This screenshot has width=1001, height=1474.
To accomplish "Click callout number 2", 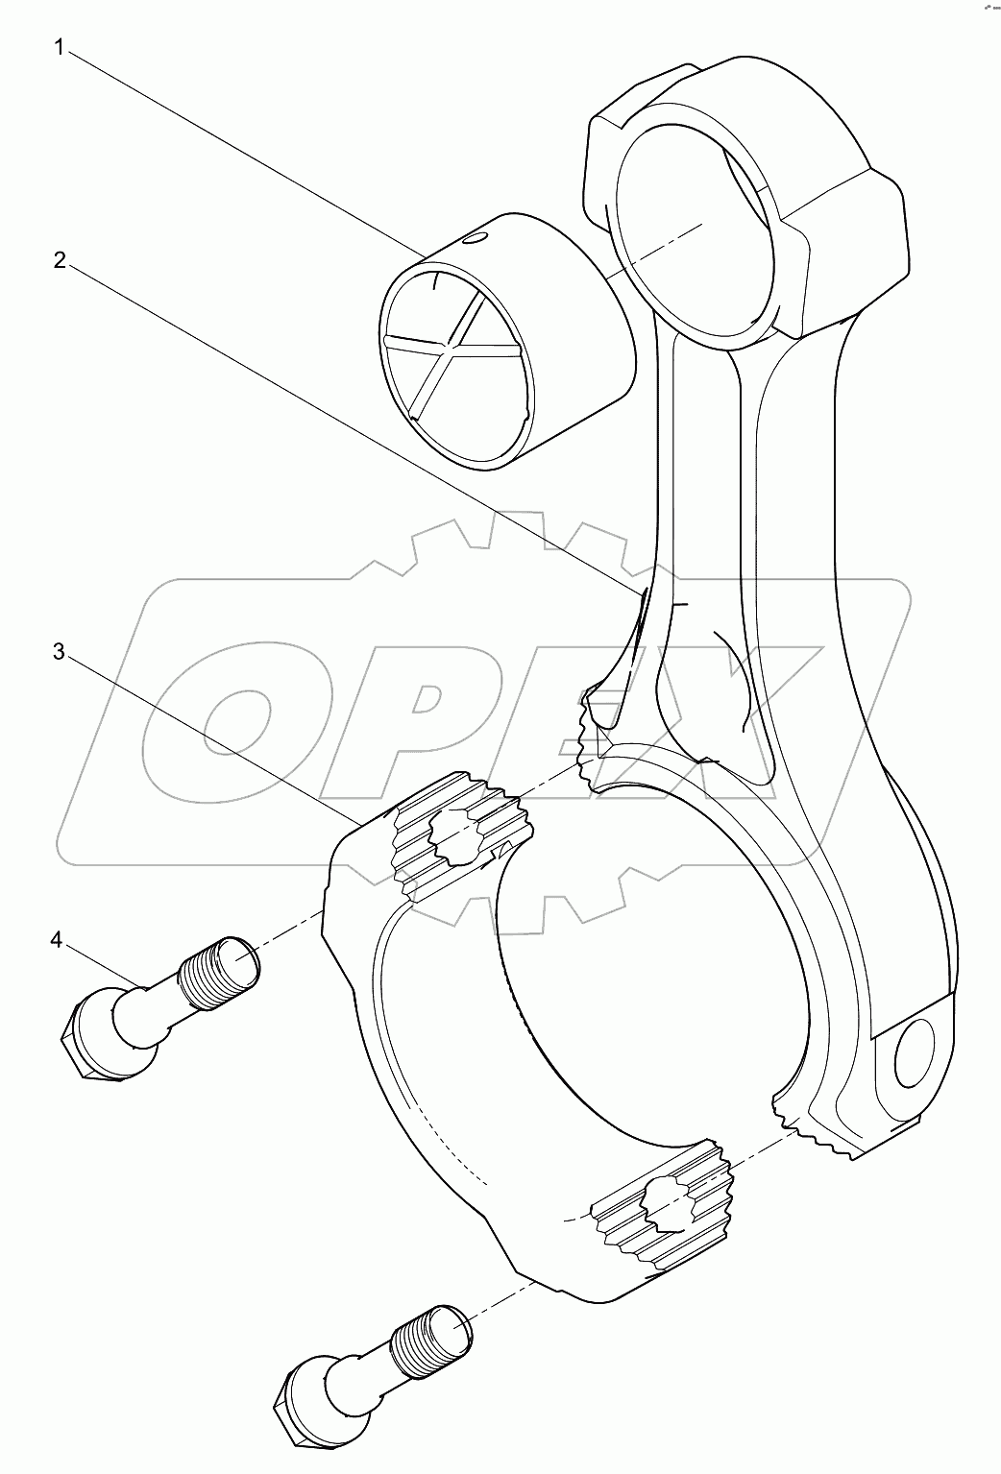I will pyautogui.click(x=60, y=261).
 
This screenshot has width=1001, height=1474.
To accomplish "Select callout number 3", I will pyautogui.click(x=60, y=653).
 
